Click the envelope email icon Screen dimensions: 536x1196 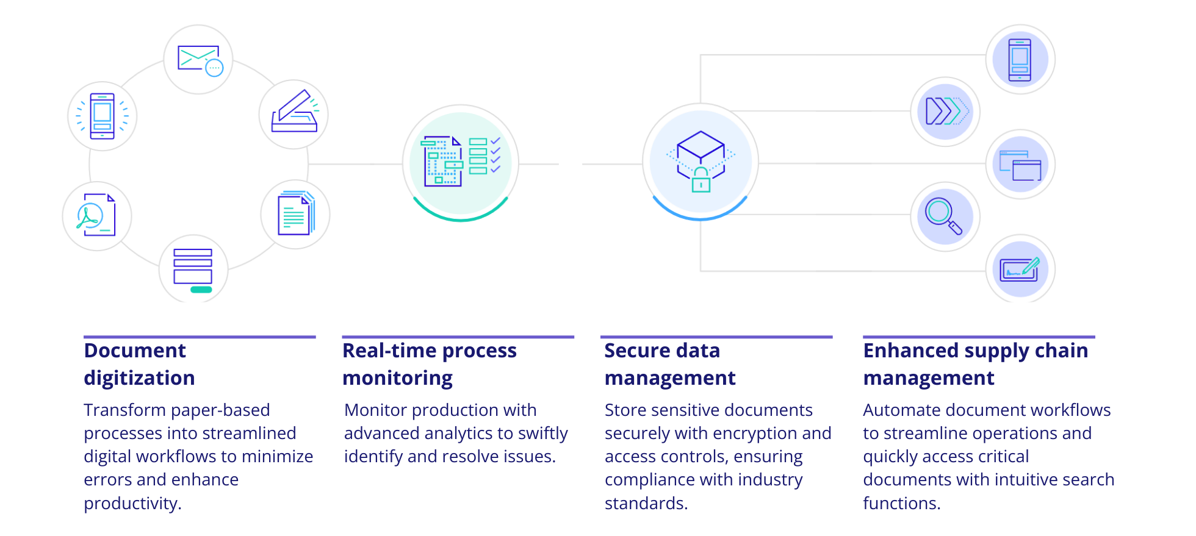(199, 59)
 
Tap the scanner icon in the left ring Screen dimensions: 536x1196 (295, 113)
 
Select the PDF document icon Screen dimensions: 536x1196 (96, 215)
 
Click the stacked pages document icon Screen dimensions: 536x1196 (296, 214)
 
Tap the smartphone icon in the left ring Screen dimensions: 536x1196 (102, 116)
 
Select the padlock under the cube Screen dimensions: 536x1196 (701, 180)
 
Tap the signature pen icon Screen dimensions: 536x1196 (1020, 269)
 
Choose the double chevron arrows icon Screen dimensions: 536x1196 (945, 111)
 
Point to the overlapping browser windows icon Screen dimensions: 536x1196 (1020, 164)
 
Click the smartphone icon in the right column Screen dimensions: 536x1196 (1020, 59)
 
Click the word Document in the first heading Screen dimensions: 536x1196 (135, 351)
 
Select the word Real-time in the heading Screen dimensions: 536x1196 (389, 351)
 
